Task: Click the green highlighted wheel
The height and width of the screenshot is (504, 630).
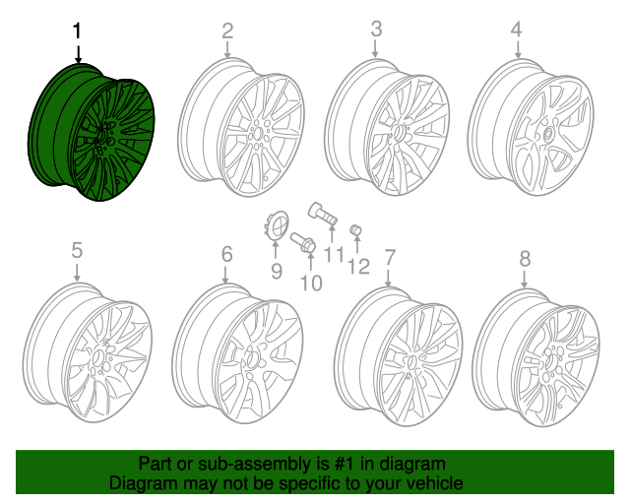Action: coord(93,133)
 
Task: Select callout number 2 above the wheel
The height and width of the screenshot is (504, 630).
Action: coord(227,31)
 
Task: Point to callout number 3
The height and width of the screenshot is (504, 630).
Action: coord(375,31)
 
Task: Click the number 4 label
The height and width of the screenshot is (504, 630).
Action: coord(516,31)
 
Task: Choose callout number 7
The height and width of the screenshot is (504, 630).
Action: coord(390,257)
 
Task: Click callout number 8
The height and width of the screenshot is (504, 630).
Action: coord(524,259)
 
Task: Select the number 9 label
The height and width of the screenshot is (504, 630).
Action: coord(277,271)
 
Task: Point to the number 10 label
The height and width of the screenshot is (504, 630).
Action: coord(310,283)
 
